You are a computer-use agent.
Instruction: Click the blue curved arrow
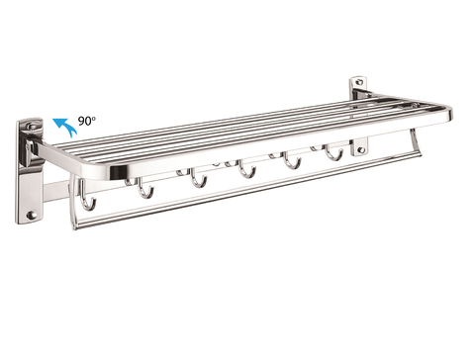pos(63,124)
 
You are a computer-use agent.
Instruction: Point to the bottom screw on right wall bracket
pos(361,150)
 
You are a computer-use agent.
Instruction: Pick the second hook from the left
pos(145,188)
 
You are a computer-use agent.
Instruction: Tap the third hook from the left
pos(198,179)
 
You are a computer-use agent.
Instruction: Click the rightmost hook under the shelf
pos(334,152)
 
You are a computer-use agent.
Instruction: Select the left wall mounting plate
pos(30,173)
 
